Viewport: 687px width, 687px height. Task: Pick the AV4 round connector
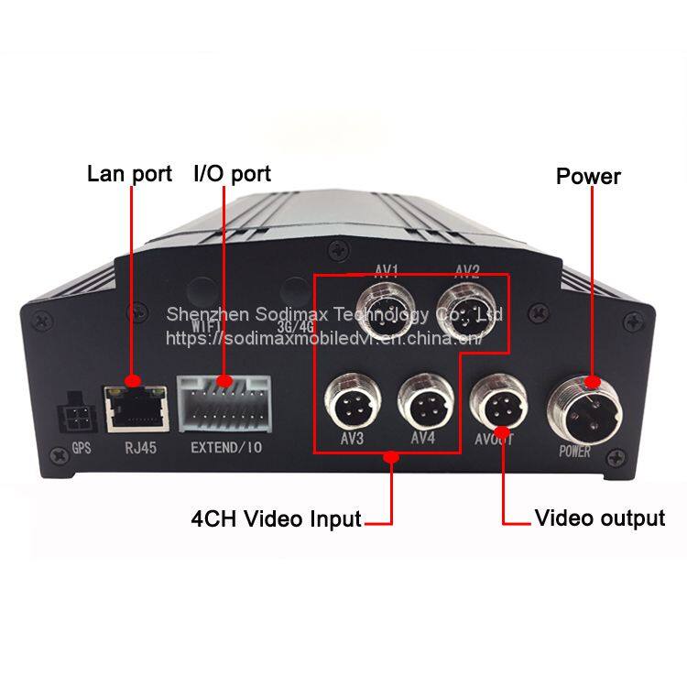[x=422, y=400]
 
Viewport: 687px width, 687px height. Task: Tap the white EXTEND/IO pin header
[x=224, y=402]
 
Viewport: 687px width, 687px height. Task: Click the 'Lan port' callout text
[x=129, y=173]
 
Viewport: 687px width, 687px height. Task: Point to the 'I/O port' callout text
[x=232, y=173]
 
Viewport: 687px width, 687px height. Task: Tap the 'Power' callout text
[x=588, y=176]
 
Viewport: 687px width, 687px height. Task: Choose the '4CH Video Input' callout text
[x=276, y=519]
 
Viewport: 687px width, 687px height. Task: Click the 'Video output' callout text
[x=600, y=518]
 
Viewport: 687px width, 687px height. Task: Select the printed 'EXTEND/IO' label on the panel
[x=225, y=449]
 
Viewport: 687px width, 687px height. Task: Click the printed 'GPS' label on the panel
[x=81, y=450]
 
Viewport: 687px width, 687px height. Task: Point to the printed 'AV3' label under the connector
[x=352, y=439]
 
